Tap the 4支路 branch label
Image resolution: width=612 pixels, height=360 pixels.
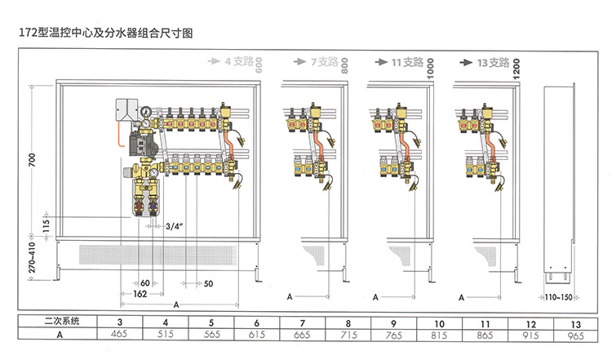click(x=240, y=62)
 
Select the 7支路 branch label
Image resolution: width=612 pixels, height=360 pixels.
click(x=323, y=62)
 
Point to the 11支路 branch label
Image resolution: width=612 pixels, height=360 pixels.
click(x=407, y=62)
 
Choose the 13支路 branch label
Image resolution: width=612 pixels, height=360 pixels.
click(x=493, y=62)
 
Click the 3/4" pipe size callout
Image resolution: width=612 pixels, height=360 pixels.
click(x=174, y=225)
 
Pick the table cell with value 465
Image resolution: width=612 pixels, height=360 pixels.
click(x=120, y=334)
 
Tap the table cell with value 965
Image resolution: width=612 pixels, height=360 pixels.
click(x=577, y=334)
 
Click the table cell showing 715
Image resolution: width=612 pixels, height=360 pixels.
click(x=348, y=334)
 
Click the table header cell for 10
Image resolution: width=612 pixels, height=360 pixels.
click(x=440, y=322)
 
